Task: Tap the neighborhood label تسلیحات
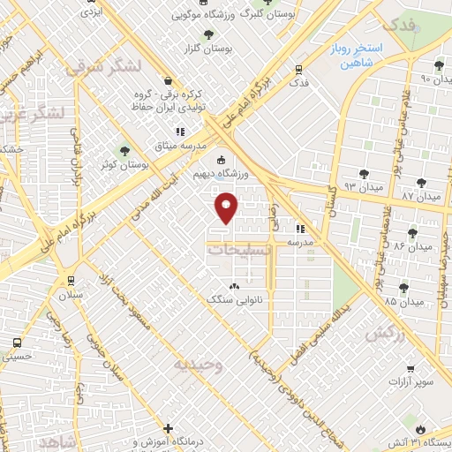tap(240, 250)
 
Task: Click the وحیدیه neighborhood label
tap(198, 364)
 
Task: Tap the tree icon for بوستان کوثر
tap(124, 150)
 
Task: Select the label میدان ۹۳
tap(363, 186)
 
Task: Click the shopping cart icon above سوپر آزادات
tap(411, 368)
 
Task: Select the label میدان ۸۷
tap(419, 194)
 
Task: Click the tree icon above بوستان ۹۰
tap(439, 65)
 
